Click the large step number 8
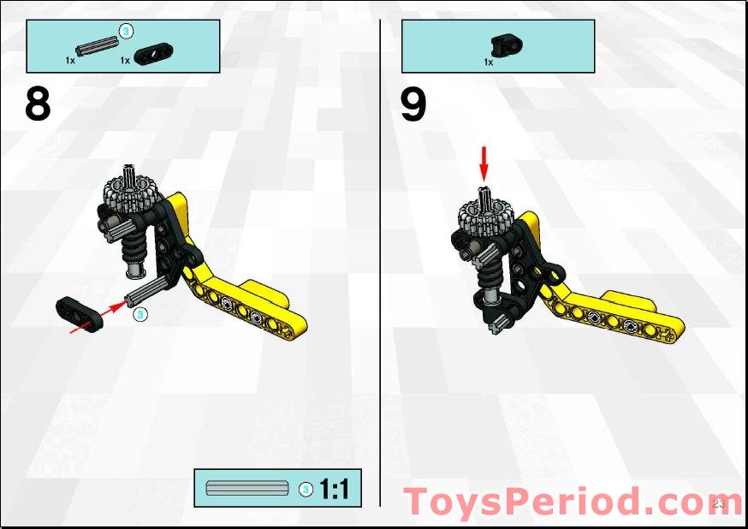pyautogui.click(x=38, y=104)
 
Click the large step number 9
pyautogui.click(x=413, y=105)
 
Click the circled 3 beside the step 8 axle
pyautogui.click(x=142, y=315)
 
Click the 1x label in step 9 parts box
pyautogui.click(x=489, y=62)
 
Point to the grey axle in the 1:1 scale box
pyautogui.click(x=247, y=488)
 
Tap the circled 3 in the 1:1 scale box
pyautogui.click(x=305, y=489)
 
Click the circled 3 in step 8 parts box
pyautogui.click(x=126, y=32)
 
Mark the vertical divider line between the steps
pyautogui.click(x=381, y=257)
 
